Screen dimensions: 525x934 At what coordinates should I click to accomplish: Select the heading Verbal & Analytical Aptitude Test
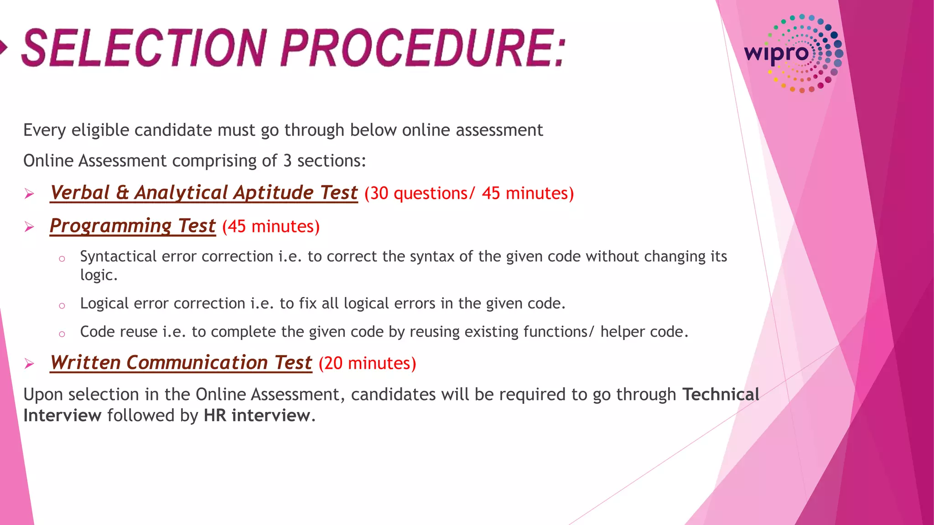(x=204, y=193)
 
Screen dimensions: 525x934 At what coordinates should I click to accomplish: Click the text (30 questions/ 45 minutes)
(x=469, y=193)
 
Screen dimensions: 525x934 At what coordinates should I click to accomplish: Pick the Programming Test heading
(x=132, y=226)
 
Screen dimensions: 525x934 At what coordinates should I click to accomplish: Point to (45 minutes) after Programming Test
(x=271, y=226)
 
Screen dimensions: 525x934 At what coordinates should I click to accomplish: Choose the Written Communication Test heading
(x=181, y=363)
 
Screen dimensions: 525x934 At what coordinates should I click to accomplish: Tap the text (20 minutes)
(x=367, y=363)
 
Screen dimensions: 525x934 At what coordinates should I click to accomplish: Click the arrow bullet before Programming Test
(x=30, y=227)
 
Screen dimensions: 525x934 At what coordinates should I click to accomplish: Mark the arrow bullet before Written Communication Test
(x=30, y=364)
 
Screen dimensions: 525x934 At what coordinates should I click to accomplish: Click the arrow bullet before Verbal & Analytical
(x=30, y=194)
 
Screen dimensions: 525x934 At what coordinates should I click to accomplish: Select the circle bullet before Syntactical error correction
(x=62, y=259)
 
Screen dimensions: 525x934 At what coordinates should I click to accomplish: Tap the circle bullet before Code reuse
(x=62, y=334)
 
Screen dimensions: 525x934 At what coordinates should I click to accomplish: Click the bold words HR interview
(x=257, y=416)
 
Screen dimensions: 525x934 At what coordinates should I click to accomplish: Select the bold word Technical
(x=721, y=394)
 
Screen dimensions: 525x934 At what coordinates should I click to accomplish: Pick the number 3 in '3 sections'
(x=287, y=161)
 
